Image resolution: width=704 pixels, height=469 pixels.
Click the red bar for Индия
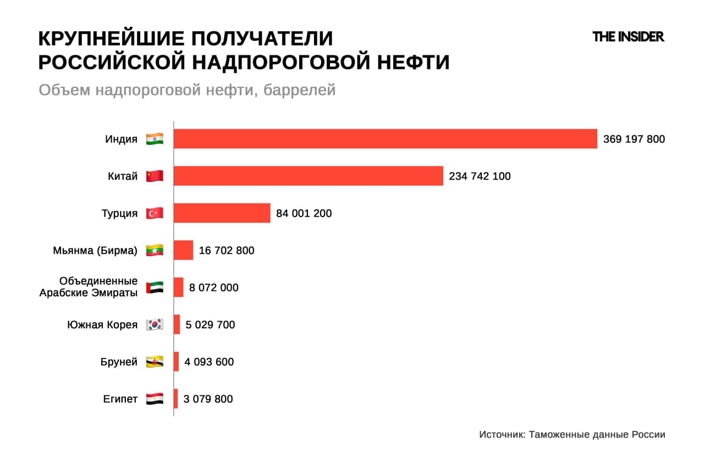click(385, 139)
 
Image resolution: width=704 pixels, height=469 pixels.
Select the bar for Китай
click(308, 176)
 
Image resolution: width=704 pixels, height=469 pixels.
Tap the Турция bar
click(222, 213)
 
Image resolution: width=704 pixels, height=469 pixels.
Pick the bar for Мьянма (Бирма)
click(183, 250)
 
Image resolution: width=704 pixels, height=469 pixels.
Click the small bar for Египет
click(175, 399)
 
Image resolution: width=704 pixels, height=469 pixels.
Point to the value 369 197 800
click(634, 139)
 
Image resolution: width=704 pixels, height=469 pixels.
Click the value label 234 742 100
click(480, 176)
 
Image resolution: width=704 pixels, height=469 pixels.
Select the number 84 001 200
click(304, 213)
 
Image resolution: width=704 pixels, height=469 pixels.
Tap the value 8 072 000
click(213, 288)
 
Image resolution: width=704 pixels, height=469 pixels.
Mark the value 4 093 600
click(209, 362)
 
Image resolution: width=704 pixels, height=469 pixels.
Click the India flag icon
click(155, 139)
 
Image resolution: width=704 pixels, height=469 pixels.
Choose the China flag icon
click(155, 176)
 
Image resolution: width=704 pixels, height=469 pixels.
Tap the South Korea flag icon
click(155, 324)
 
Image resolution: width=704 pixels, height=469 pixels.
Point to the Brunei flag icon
click(155, 362)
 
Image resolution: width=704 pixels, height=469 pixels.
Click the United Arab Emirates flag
click(155, 288)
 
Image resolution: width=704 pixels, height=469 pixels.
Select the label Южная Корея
click(102, 324)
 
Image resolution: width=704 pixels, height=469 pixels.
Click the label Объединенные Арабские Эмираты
click(89, 287)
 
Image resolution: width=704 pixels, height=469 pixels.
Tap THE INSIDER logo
click(628, 37)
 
